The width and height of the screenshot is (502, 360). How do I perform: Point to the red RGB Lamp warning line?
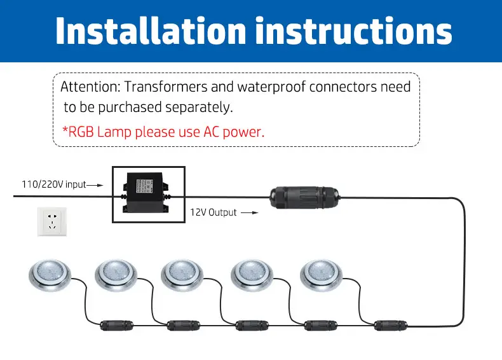point(163,132)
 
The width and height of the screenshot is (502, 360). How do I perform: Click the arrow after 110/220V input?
point(95,184)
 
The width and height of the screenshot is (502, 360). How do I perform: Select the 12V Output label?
point(214,212)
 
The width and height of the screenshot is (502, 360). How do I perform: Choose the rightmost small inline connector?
point(385,325)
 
